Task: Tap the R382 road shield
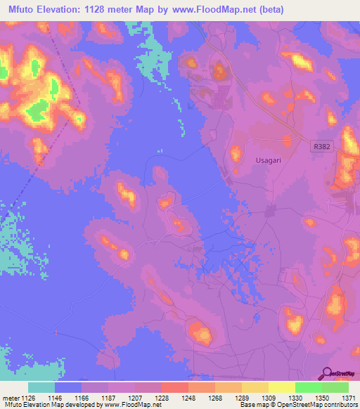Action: point(320,146)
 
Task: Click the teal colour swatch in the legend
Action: point(41,387)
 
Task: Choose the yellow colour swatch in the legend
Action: point(281,387)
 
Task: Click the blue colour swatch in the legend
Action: point(68,387)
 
